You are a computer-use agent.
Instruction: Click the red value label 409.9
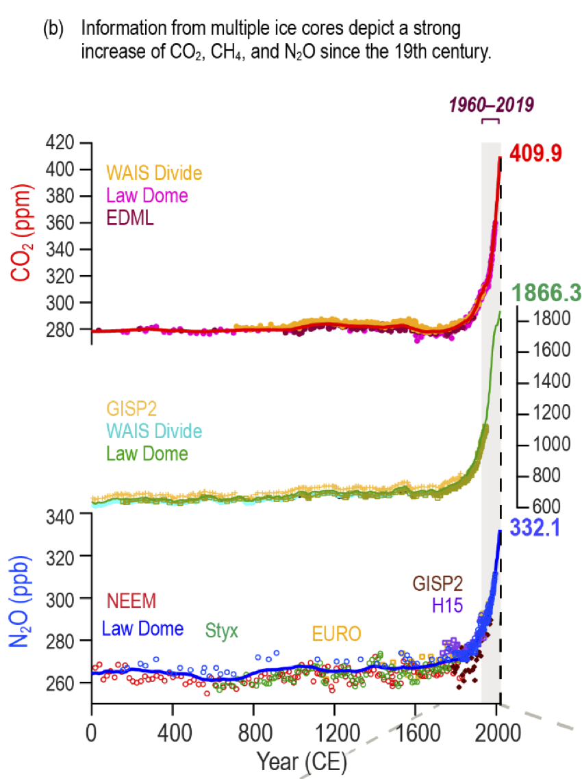(534, 153)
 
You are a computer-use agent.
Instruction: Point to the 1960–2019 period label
(490, 105)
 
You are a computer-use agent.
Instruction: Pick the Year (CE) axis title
(302, 760)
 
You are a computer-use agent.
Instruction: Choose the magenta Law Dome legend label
(146, 195)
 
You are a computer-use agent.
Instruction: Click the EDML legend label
(129, 218)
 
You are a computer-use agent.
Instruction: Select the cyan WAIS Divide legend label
(153, 431)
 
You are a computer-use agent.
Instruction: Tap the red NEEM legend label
(132, 601)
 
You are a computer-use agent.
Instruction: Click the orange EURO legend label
(336, 633)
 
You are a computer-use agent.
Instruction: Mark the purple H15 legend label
(447, 605)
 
